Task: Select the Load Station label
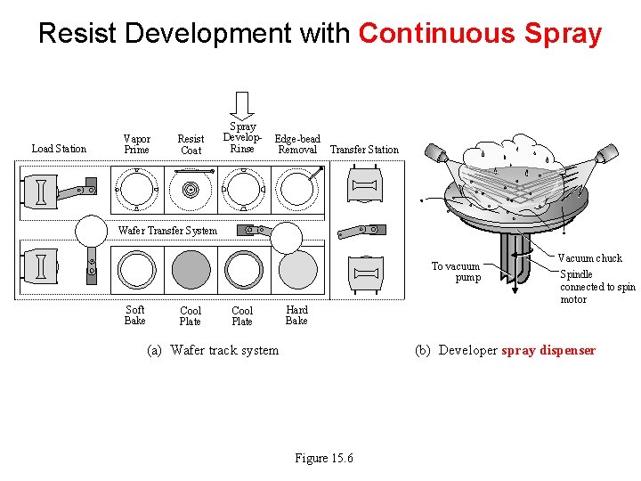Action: (x=59, y=149)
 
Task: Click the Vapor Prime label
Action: (x=136, y=144)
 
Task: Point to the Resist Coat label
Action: (x=191, y=144)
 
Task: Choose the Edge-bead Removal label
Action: (x=297, y=144)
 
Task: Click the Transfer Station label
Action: (x=364, y=150)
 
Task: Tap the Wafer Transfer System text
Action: (x=167, y=231)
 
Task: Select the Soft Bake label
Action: (x=135, y=315)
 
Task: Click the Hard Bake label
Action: (x=296, y=315)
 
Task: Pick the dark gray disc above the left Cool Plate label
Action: (x=191, y=269)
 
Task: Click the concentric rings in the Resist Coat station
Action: (x=191, y=190)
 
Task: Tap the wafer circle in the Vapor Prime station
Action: (x=136, y=190)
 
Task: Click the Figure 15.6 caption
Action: (x=324, y=458)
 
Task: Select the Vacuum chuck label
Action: (x=589, y=258)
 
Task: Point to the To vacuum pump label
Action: (x=456, y=272)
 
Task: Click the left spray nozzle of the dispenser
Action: (x=437, y=157)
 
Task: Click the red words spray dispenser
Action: (x=548, y=350)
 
